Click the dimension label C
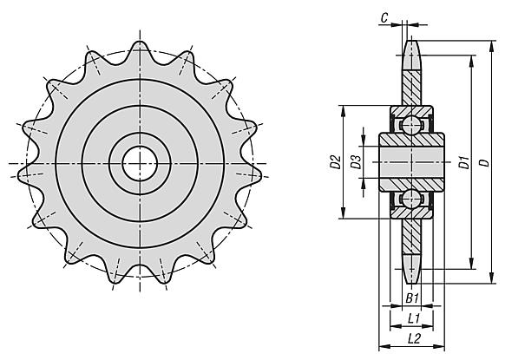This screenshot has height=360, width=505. point(384,18)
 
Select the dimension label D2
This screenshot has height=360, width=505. point(335,162)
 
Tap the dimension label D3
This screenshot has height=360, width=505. point(356,162)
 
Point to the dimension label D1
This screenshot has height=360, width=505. point(463,162)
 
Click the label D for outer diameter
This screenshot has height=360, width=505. point(484,162)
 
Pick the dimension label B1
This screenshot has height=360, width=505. point(412,298)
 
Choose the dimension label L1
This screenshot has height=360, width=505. point(414,318)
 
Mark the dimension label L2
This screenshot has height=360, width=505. point(414,338)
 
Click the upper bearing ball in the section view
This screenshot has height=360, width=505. point(411,124)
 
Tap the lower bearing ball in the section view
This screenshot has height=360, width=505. point(411,199)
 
